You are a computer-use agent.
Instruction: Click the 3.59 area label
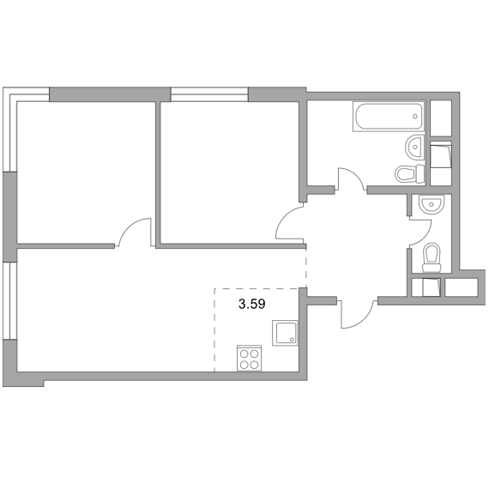point(251,304)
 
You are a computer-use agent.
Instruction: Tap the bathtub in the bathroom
point(389,117)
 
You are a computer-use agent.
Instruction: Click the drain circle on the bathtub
point(414,117)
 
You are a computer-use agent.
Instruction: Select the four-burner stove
point(249,358)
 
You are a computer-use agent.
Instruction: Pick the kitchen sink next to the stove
point(285,333)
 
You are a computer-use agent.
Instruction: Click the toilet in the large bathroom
point(410,174)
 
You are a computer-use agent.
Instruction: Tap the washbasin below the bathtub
point(415,147)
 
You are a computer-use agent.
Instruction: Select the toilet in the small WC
point(432,257)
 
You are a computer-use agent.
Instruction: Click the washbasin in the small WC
point(431,204)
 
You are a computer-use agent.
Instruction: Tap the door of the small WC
point(420,232)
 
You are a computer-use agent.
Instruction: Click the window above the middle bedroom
point(209,94)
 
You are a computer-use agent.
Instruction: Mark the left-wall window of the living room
point(9,300)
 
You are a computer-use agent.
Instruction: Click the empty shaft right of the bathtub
point(441,118)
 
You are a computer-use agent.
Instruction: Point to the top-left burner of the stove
point(244,353)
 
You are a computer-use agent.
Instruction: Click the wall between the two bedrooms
point(158,174)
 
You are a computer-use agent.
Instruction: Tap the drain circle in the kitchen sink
point(292,340)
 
